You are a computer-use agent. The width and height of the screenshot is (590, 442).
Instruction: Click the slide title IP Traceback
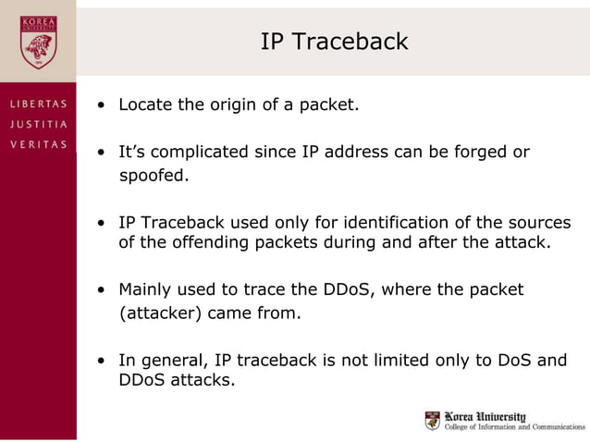(334, 42)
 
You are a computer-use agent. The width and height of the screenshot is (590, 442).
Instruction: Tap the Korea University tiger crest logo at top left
(38, 42)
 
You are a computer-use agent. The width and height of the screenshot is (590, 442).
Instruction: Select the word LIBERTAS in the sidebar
(38, 104)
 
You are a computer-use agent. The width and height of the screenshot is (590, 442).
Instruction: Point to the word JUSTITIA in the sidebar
(38, 124)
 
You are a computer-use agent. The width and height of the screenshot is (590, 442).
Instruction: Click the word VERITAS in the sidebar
(38, 143)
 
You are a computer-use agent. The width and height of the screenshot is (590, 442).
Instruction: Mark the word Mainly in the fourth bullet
(144, 289)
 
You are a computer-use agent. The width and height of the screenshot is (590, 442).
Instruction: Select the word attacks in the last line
(203, 379)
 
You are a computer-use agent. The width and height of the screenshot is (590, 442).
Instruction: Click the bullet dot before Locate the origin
(104, 105)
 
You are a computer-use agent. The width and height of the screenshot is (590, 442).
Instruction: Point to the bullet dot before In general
(104, 361)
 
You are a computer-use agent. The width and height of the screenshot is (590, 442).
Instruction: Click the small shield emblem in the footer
(433, 422)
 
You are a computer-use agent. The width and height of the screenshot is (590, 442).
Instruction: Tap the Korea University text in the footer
(486, 416)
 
